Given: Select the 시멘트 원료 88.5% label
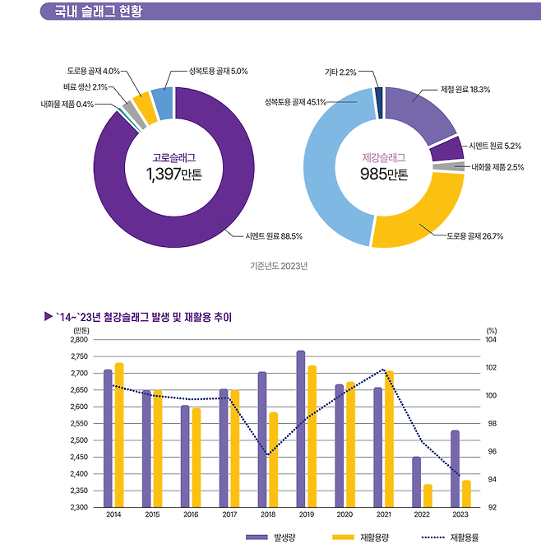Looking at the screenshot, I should pos(274,236).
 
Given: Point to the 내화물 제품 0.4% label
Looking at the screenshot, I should pos(67,105).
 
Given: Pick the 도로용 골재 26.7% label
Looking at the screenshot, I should pos(475,236).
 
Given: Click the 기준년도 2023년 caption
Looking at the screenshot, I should pos(278,266).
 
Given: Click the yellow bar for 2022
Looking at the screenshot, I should pos(428,495).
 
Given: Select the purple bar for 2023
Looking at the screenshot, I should pos(455,468).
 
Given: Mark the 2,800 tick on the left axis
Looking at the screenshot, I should pos(78,339).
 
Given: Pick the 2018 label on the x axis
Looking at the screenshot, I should pos(268,514).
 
